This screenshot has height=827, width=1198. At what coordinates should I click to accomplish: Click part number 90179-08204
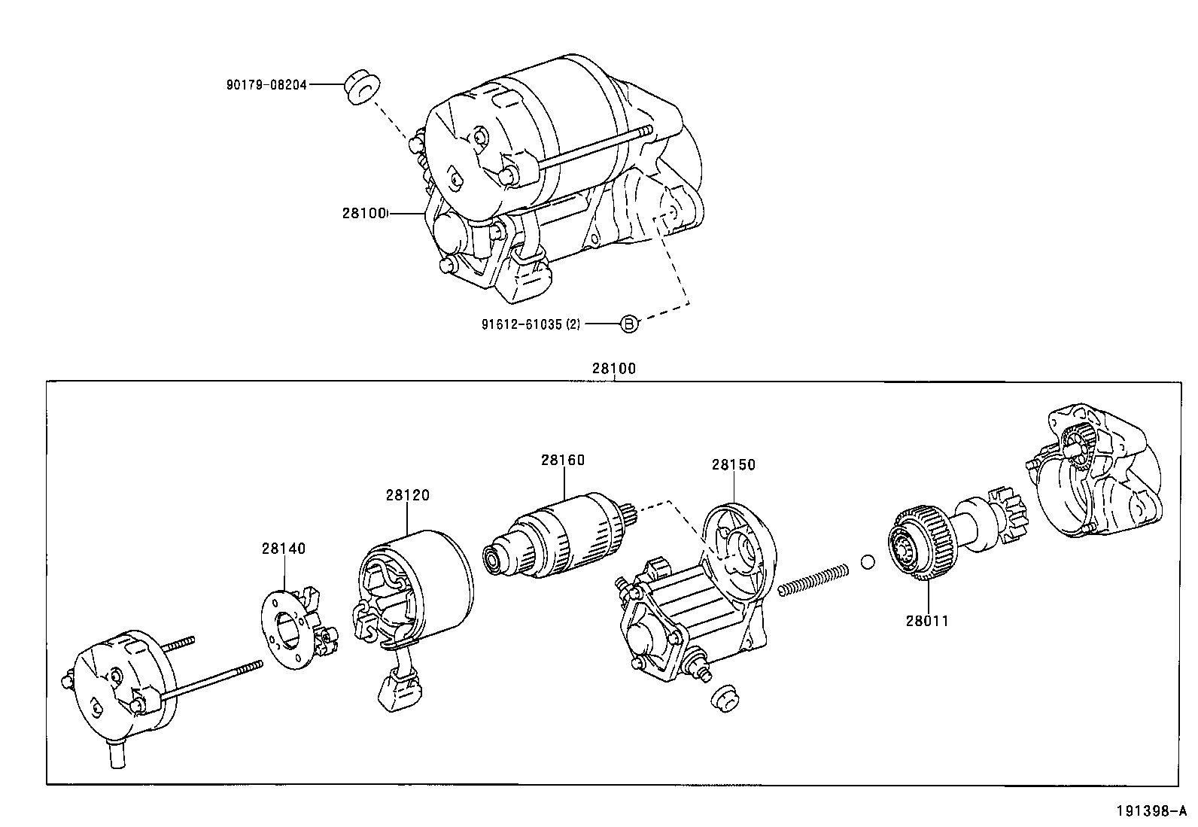pyautogui.click(x=266, y=85)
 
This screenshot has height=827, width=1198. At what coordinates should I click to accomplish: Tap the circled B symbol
pyautogui.click(x=629, y=324)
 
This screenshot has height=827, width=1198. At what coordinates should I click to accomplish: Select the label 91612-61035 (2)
pyautogui.click(x=531, y=324)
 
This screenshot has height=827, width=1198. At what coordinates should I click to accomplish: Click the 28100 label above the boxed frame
pyautogui.click(x=613, y=369)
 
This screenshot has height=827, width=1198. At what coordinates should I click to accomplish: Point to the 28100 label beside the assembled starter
pyautogui.click(x=364, y=214)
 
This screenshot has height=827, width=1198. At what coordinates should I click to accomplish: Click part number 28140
pyautogui.click(x=284, y=549)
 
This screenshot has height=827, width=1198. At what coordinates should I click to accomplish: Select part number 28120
pyautogui.click(x=407, y=495)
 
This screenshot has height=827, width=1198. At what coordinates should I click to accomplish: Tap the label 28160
pyautogui.click(x=562, y=460)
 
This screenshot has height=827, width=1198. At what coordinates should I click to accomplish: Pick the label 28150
pyautogui.click(x=733, y=464)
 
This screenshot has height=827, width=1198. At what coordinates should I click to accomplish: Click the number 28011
pyautogui.click(x=927, y=621)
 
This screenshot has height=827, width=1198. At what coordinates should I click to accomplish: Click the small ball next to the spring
pyautogui.click(x=867, y=561)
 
